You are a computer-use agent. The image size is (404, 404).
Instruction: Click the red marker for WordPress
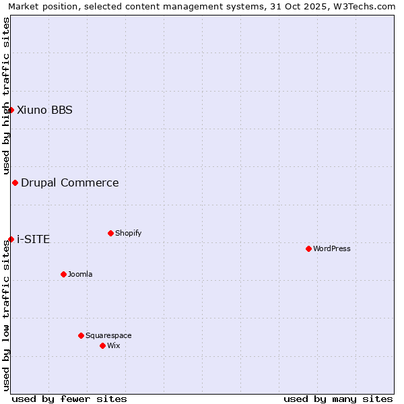[308, 248]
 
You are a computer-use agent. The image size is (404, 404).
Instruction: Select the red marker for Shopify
[110, 233]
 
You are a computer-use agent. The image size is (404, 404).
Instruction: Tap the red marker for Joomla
[63, 274]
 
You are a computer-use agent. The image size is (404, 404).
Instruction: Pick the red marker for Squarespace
[81, 335]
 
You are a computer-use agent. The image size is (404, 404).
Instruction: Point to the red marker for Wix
[102, 345]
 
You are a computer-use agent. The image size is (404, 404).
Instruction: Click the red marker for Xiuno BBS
[11, 110]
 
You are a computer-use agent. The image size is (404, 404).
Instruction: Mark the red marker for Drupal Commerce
[15, 182]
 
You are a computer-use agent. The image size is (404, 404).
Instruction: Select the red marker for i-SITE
[11, 239]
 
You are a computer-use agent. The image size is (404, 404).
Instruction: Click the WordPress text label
[332, 248]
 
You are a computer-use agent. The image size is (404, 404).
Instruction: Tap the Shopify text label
[129, 233]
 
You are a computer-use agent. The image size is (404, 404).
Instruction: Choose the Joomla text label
[80, 274]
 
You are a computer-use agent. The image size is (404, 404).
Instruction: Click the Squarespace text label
[108, 335]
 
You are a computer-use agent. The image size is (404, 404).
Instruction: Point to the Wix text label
[114, 345]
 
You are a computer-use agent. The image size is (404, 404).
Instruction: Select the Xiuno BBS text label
[44, 110]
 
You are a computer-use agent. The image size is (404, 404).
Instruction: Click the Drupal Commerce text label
[70, 182]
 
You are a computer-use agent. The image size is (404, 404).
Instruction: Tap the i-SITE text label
[33, 239]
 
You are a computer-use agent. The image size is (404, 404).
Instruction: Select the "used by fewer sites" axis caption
[69, 399]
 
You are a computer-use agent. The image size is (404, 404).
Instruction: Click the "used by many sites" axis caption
[338, 399]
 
